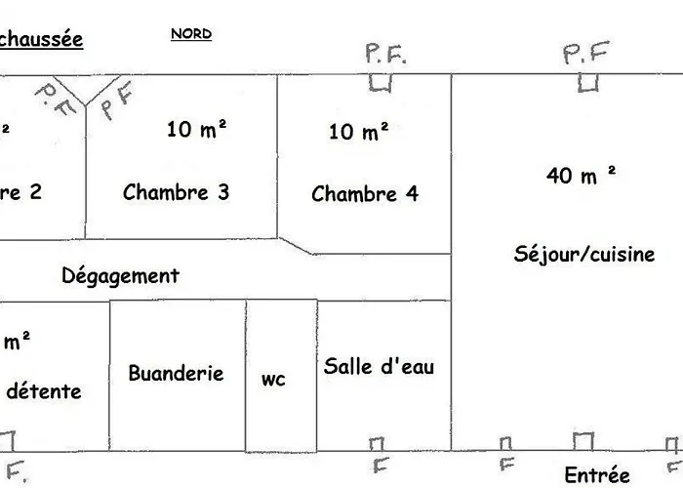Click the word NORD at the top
(x=191, y=34)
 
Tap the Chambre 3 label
(x=176, y=191)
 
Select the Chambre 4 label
(x=365, y=193)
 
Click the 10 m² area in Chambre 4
(x=359, y=131)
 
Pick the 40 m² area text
(x=582, y=176)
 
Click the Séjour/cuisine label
(x=584, y=254)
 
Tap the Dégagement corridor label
(x=121, y=275)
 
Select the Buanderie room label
(x=176, y=373)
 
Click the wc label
(x=273, y=380)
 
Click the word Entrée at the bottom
(x=597, y=475)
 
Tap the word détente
(x=44, y=391)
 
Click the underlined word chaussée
(x=41, y=40)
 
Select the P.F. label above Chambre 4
(x=385, y=54)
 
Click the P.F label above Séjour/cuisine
(x=586, y=54)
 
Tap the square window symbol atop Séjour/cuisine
(x=586, y=83)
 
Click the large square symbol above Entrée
(x=583, y=441)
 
